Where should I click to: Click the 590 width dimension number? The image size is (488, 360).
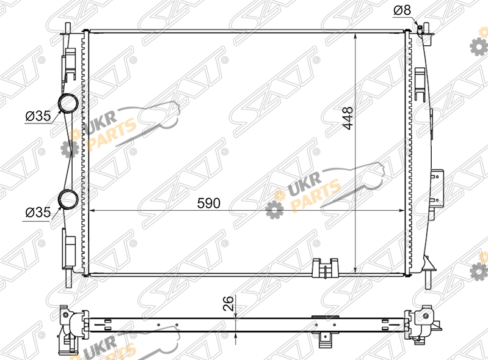tap(208, 203)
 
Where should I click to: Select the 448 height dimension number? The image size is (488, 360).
tap(348, 118)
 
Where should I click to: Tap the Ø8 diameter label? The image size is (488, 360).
tap(402, 10)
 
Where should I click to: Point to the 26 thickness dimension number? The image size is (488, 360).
tap(228, 303)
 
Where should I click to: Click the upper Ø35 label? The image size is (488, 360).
tap(38, 116)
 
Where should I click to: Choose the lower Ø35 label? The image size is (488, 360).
tap(38, 212)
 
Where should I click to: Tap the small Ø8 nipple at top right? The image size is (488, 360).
tap(420, 28)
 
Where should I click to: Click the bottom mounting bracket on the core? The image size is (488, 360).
tap(325, 268)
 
